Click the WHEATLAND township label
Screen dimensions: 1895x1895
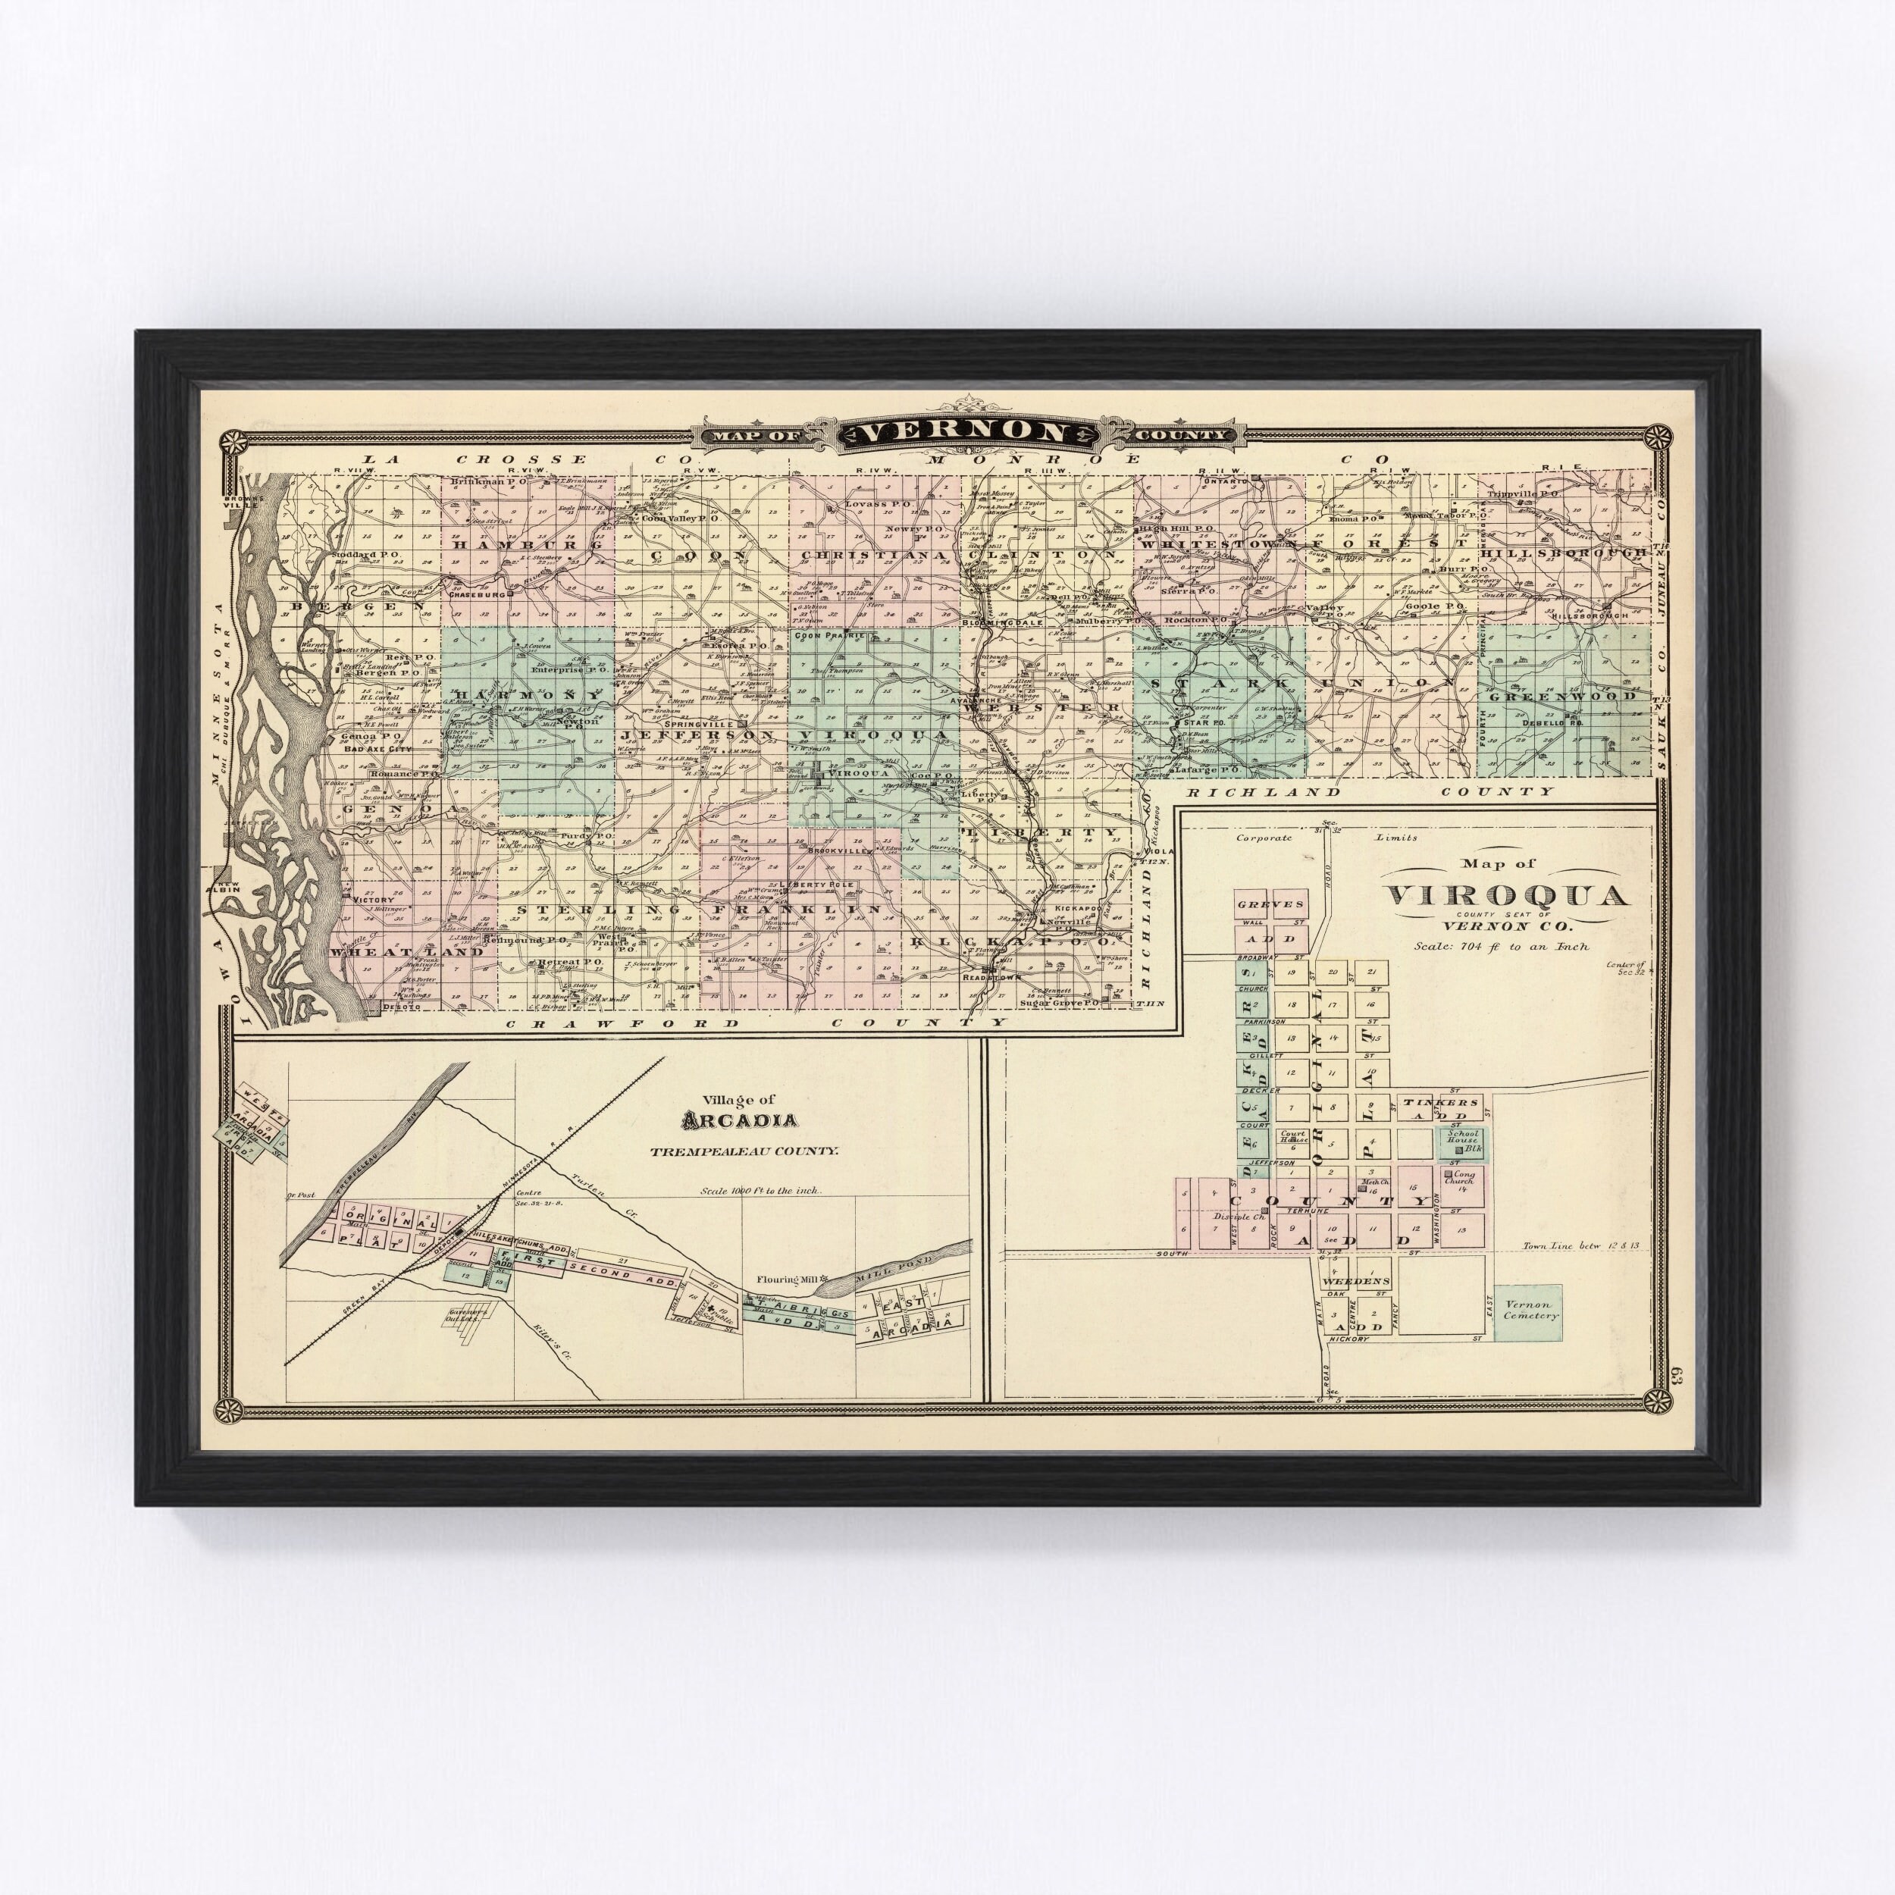pyautogui.click(x=406, y=951)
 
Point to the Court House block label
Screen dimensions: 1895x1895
pyautogui.click(x=1295, y=1140)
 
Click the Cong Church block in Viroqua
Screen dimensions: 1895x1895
pyautogui.click(x=1461, y=1178)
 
